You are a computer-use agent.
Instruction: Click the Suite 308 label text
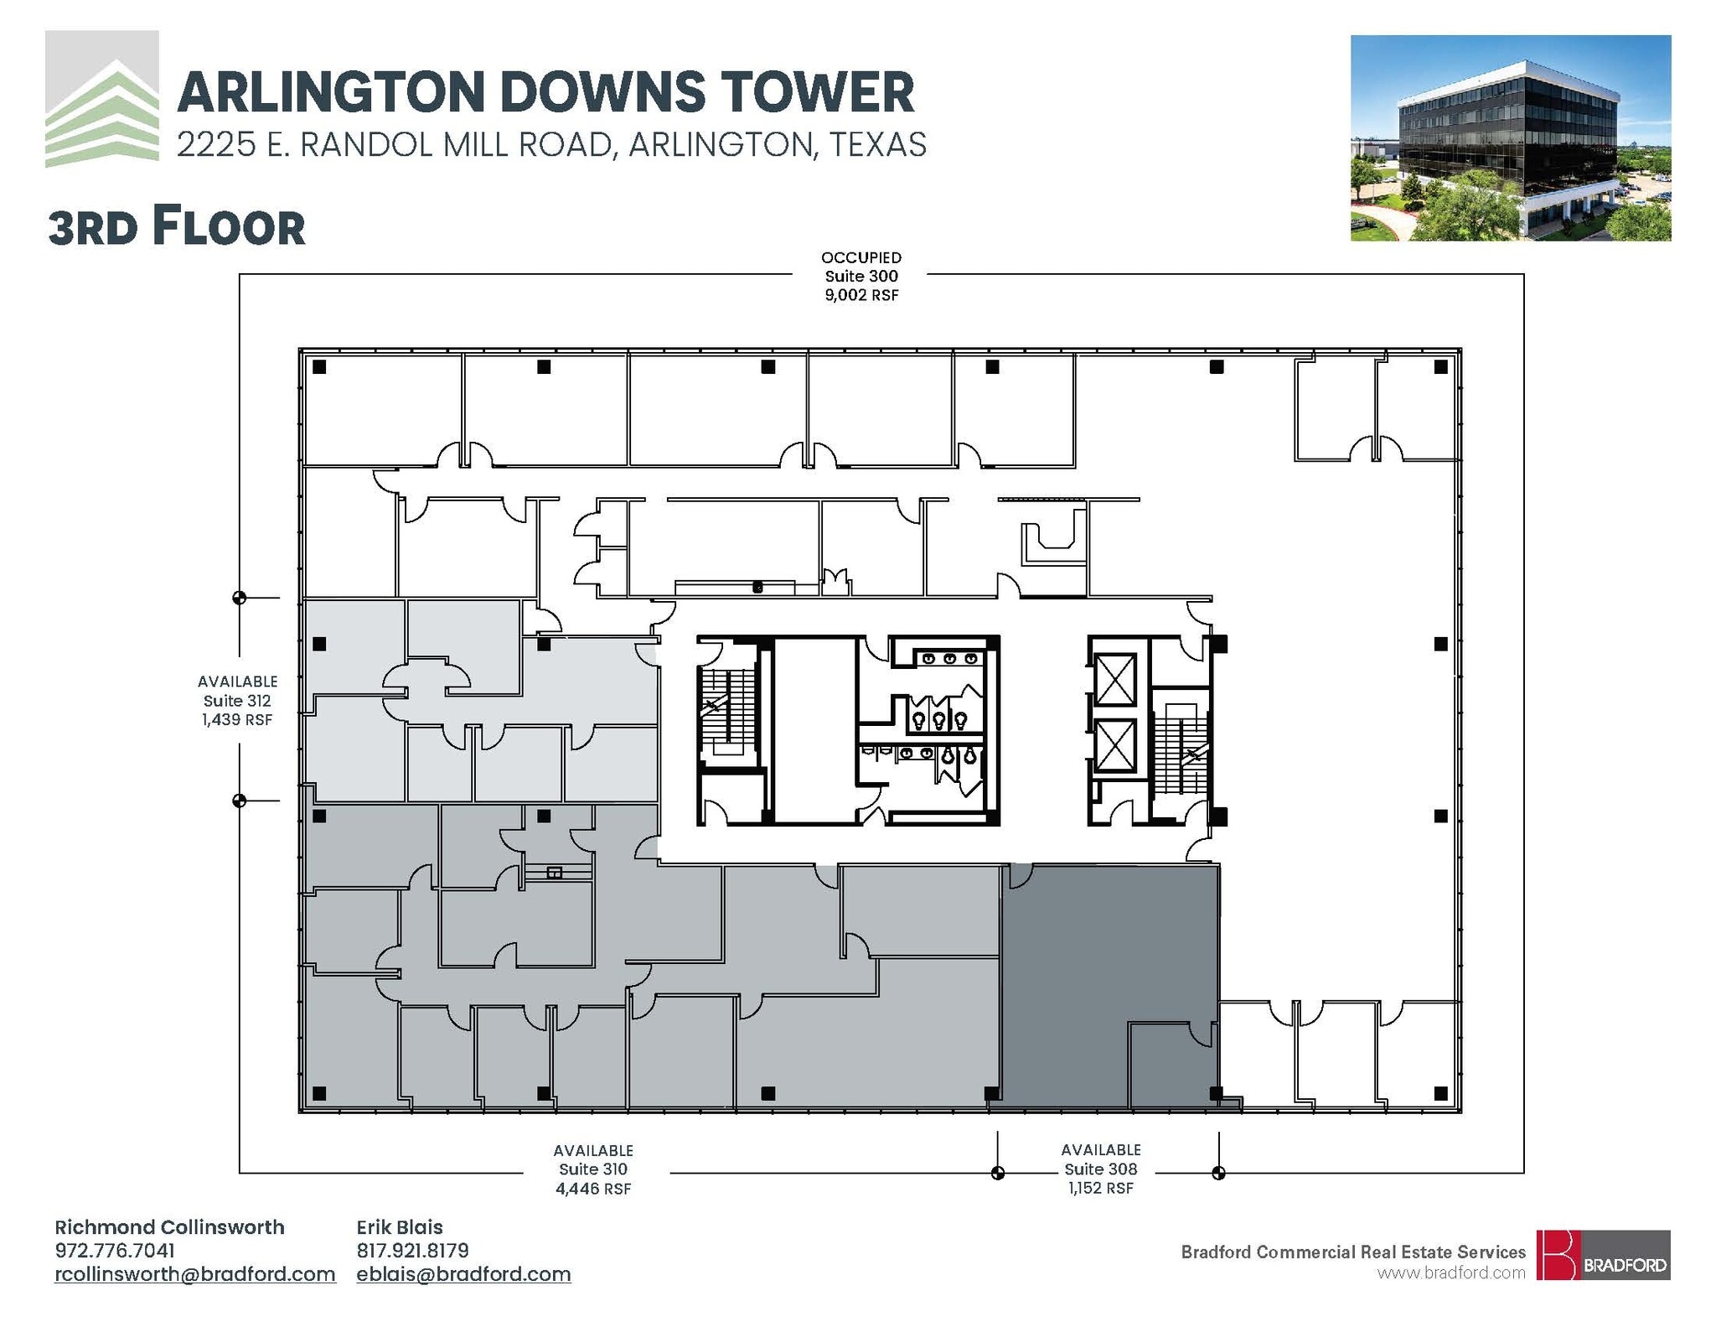pos(1100,1169)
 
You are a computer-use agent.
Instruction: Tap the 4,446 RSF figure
pos(592,1189)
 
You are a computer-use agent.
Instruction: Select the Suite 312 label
pos(237,700)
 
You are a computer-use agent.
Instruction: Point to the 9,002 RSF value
pos(861,294)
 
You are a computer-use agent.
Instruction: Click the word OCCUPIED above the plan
pos(861,257)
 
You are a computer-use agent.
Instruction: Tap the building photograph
pos(1510,138)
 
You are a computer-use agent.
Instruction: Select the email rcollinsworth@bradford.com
pos(195,1274)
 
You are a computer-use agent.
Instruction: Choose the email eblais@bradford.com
pos(463,1274)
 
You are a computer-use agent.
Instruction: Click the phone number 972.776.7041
pos(115,1250)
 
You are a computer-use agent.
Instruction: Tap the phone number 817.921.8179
pos(412,1250)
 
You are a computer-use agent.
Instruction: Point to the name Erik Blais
pos(400,1227)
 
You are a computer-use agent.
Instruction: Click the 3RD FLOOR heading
pos(177,227)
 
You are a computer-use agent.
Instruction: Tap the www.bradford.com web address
pos(1451,1273)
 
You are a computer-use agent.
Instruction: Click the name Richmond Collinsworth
pos(169,1227)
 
